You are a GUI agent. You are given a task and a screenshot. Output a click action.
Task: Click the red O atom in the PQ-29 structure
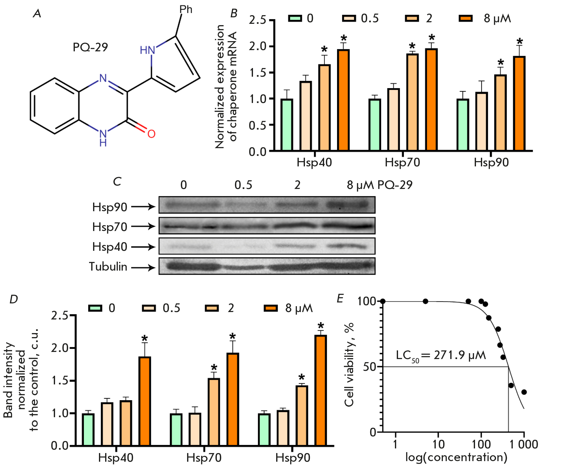click(x=151, y=134)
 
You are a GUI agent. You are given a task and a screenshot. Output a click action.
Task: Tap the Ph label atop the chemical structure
click(x=186, y=10)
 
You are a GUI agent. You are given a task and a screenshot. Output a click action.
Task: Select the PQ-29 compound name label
click(x=90, y=47)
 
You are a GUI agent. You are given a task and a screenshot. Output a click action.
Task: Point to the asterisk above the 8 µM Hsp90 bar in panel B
click(x=520, y=41)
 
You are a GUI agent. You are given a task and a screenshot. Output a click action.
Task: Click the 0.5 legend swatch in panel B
click(x=349, y=19)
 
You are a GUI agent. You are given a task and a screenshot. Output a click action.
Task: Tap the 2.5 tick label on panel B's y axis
click(x=257, y=20)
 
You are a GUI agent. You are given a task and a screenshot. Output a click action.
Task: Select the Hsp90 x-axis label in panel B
click(x=491, y=163)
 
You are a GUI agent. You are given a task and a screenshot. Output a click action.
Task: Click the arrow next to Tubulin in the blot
click(x=143, y=268)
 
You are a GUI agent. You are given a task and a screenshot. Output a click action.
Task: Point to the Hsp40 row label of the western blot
click(x=109, y=247)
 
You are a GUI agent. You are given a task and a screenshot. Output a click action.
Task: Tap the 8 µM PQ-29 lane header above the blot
click(x=379, y=185)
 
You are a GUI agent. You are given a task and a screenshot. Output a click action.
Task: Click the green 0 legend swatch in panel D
click(x=95, y=308)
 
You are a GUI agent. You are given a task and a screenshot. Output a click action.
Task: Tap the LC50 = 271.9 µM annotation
click(x=441, y=355)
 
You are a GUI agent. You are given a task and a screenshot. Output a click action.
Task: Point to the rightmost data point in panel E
click(x=524, y=392)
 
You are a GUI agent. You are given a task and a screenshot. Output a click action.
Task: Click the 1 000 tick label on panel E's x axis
click(x=524, y=444)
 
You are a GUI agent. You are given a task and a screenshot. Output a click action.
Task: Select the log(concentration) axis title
click(x=456, y=457)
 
